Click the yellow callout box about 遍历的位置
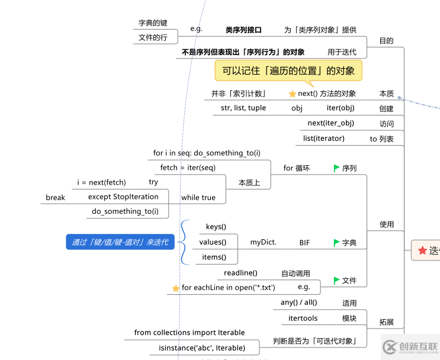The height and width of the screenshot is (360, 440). point(288,71)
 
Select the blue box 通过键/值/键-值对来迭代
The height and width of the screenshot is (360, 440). point(120,242)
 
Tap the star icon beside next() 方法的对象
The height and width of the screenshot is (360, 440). point(292,94)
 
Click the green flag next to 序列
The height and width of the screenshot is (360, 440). point(336,168)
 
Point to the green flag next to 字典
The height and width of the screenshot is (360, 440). point(336,243)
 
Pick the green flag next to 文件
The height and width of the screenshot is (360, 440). point(336,281)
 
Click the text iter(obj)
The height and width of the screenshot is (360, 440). point(341,108)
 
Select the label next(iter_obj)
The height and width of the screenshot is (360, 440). point(331,123)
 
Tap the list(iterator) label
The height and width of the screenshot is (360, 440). point(324,139)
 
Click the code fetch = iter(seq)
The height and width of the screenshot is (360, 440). point(188,168)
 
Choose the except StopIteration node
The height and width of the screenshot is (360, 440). point(123,197)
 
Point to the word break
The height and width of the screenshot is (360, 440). point(55,197)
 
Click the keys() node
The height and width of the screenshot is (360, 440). point(216,227)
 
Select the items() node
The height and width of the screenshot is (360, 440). point(214,257)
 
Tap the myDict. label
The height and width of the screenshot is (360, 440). point(264,242)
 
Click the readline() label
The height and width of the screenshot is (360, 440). point(240,272)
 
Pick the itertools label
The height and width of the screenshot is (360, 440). point(303,318)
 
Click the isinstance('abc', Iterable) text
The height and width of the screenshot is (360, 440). point(202,348)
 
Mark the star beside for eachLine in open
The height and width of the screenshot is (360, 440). point(176,288)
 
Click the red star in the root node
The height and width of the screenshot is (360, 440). point(422,250)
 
